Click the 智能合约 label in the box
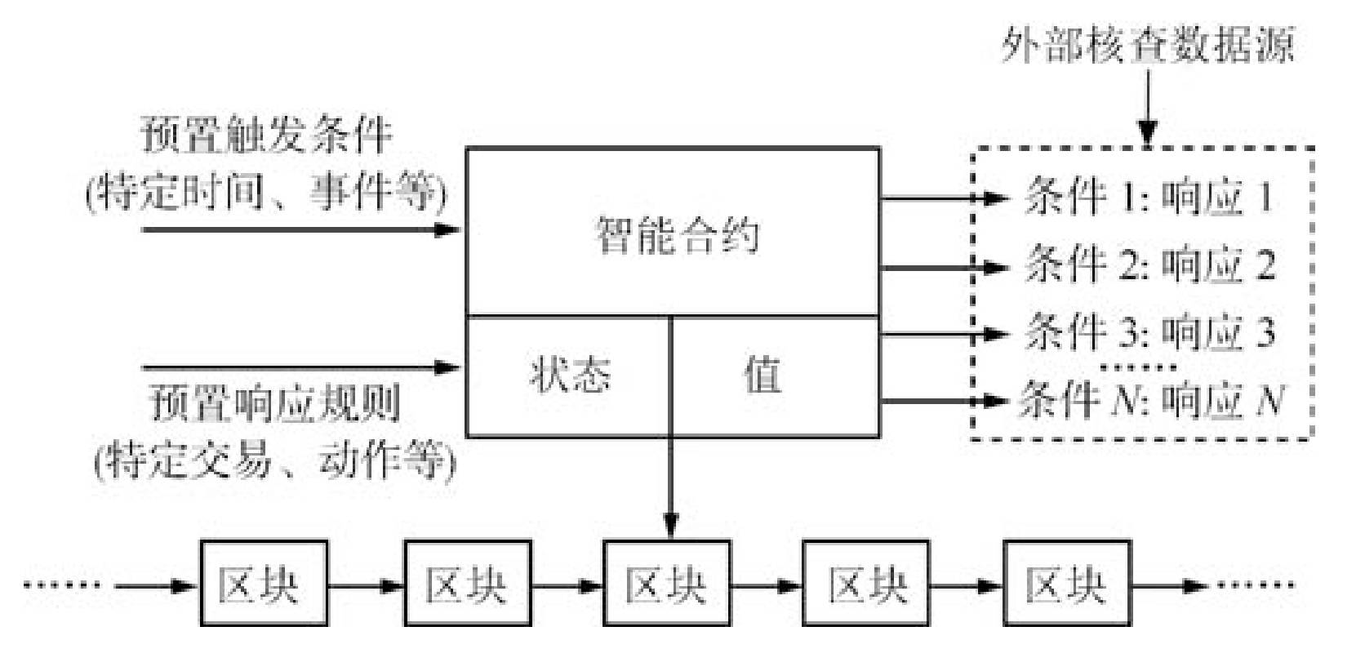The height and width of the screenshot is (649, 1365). [x=677, y=235]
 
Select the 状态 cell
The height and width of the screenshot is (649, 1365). [x=569, y=376]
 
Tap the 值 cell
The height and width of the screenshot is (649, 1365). [x=762, y=376]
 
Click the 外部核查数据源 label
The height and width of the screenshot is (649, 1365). [x=1148, y=46]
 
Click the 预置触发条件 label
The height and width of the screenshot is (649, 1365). [x=267, y=135]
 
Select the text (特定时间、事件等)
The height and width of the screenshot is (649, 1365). [x=267, y=193]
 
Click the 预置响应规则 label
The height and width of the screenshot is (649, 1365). [x=275, y=403]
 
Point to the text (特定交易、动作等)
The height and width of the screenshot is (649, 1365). [x=275, y=462]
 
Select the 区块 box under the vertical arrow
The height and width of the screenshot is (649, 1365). [x=666, y=584]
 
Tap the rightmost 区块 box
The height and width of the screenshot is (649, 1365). [x=1066, y=584]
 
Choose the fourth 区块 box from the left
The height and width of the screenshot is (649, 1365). [x=866, y=584]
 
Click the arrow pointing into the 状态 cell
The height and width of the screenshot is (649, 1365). [x=302, y=367]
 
